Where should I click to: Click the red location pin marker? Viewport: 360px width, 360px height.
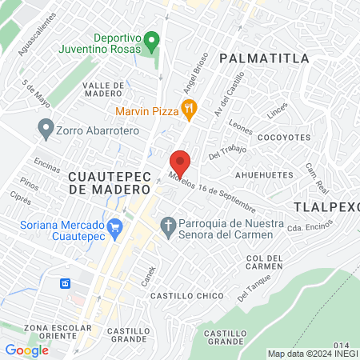click(180, 163)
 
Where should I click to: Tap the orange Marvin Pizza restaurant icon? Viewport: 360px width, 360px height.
click(189, 110)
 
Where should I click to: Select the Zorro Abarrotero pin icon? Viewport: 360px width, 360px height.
click(46, 128)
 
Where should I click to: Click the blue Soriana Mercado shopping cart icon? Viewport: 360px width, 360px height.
click(115, 226)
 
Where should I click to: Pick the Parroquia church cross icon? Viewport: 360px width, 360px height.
click(168, 226)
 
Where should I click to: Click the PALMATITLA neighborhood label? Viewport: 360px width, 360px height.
click(263, 58)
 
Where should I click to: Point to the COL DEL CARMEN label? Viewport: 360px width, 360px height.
click(265, 262)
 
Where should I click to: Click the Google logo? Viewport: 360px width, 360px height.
click(27, 350)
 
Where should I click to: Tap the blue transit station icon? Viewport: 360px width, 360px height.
click(66, 283)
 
